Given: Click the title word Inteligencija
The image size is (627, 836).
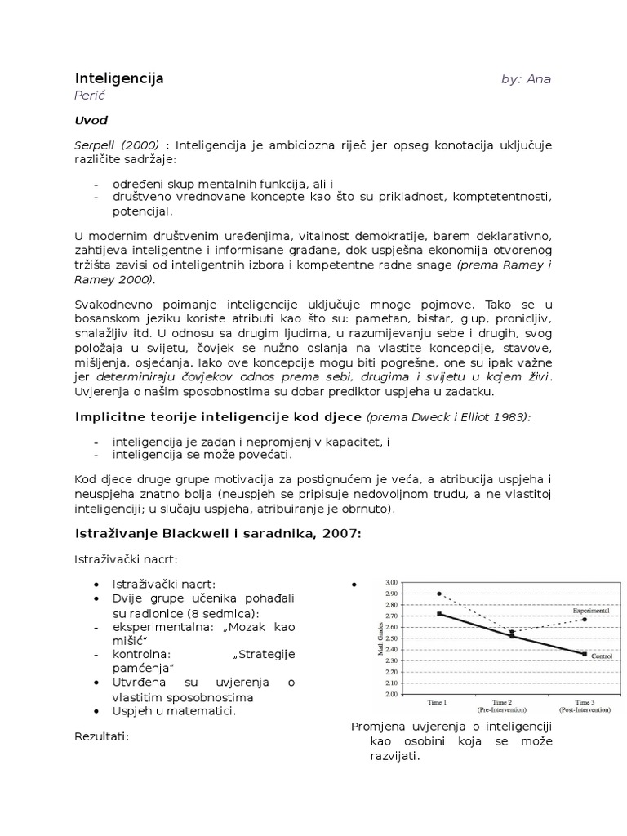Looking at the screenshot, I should coord(119,78).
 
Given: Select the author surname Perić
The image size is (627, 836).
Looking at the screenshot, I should coord(91,96).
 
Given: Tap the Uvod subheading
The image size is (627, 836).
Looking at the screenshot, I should coord(91,121).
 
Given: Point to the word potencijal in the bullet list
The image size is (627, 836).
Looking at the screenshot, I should coord(142,211).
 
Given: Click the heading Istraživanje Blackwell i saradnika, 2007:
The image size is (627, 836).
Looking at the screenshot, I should coord(218,534).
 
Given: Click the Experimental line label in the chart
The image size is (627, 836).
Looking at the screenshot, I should coord(590,610).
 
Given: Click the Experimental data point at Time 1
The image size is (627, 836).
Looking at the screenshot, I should coord(439,594).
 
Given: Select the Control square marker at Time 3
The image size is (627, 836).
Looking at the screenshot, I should coord(584,654).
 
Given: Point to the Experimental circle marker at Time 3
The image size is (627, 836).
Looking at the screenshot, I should coord(584,620).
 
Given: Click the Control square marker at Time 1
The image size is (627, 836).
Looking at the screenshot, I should coord(439,613).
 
